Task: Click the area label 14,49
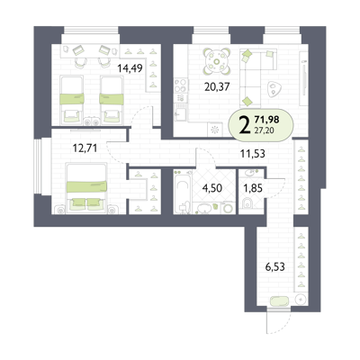coord(130,68)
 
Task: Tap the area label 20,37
coord(217,87)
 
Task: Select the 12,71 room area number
coord(85,148)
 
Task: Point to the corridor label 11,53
coord(253,154)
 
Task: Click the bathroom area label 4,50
coord(212,188)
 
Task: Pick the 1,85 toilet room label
coord(253,188)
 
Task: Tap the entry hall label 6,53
coord(274,266)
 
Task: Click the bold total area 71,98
coord(266,120)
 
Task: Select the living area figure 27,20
coord(264,130)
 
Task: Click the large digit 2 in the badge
coord(245,125)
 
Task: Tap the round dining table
coord(217,61)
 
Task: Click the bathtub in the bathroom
coord(183,195)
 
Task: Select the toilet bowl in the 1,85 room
coord(247,203)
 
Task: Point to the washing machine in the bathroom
coord(228,207)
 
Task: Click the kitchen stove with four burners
coord(181,85)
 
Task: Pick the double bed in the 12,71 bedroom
coord(86,188)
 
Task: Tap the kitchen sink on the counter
coord(181,114)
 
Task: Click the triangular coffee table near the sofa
coord(274,89)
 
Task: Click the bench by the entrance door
coord(280,301)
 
